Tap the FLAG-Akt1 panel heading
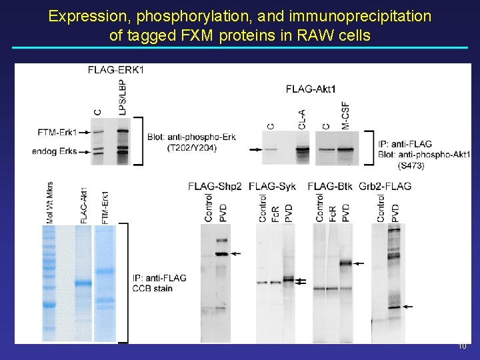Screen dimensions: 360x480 tap(311, 89)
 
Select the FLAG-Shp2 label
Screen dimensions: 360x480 tap(215, 186)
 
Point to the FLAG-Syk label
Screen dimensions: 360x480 tap(274, 186)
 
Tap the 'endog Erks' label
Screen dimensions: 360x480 tap(54, 152)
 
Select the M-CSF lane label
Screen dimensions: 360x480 tap(345, 115)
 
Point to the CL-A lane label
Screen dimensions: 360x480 tap(302, 119)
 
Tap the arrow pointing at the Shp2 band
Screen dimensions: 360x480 tap(236, 254)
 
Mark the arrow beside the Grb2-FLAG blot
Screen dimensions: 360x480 tap(408, 307)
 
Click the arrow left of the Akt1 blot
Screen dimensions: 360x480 tap(254, 150)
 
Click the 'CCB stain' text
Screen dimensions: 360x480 tap(153, 288)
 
